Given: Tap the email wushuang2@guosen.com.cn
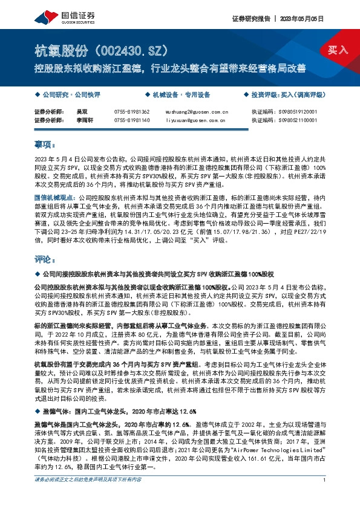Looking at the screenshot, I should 197,112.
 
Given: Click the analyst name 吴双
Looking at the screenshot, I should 80,112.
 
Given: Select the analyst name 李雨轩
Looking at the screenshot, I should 83,121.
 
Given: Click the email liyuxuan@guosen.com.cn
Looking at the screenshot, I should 197,121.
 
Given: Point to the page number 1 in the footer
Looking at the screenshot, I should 326,498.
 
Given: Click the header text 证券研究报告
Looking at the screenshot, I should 250,19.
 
